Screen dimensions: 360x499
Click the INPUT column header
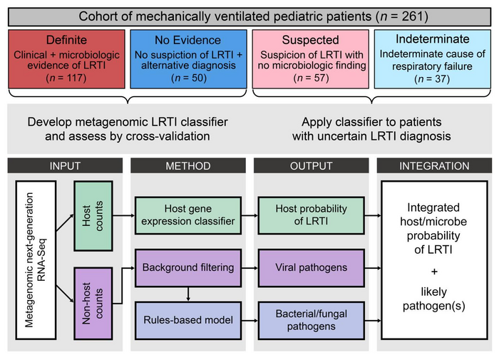coord(66,166)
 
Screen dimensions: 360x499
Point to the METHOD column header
coord(188,166)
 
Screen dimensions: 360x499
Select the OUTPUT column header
coord(311,166)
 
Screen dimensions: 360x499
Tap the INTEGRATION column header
coord(433,166)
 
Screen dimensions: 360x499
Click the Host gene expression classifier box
coord(188,215)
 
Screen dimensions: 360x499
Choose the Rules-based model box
coord(188,319)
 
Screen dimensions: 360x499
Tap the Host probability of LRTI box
coord(311,215)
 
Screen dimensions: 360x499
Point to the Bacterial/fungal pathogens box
coord(311,319)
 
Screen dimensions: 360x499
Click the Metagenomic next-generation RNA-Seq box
coord(36,261)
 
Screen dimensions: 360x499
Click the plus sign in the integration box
coord(434,272)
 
